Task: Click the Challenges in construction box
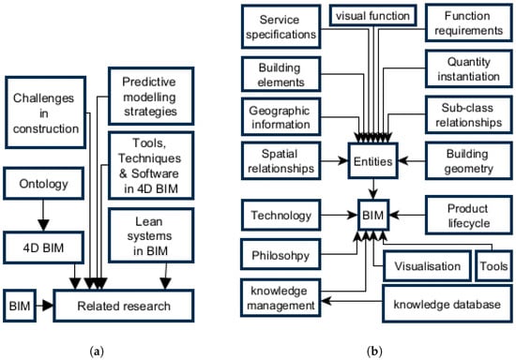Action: coord(44,114)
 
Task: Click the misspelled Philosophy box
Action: coord(281,256)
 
